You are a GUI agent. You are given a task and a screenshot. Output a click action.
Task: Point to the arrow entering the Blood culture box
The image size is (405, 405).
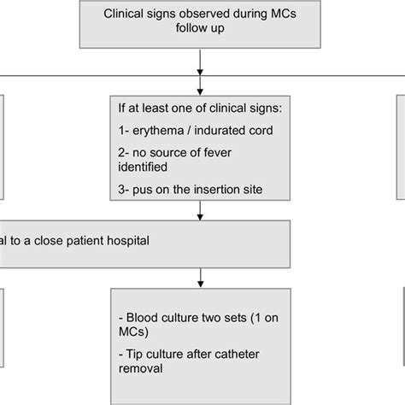[x=200, y=278]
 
